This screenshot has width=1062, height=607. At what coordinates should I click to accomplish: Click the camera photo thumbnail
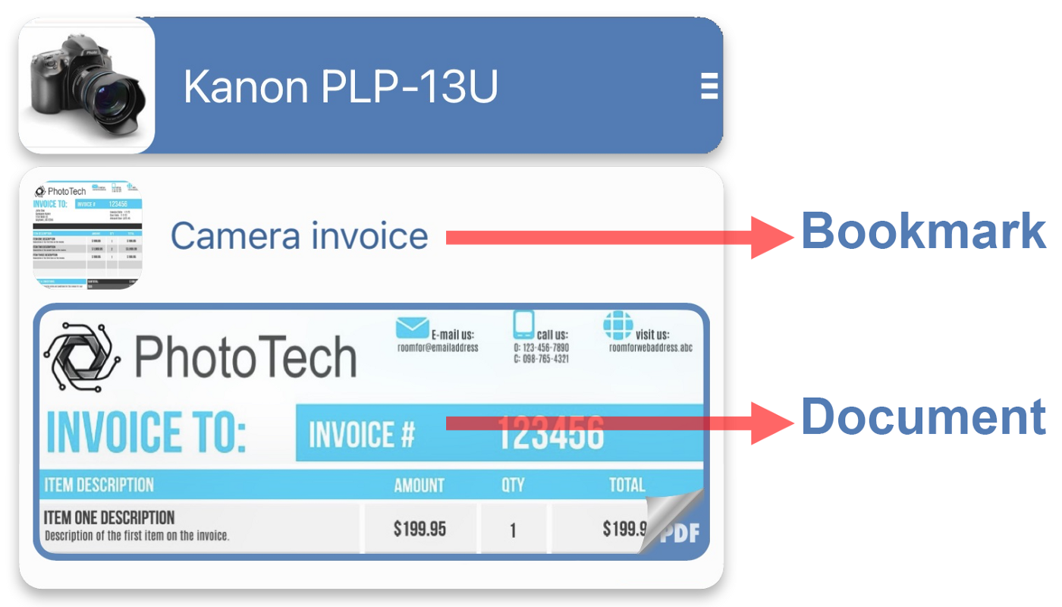(x=86, y=85)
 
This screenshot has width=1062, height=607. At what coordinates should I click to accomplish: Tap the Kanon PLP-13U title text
(x=341, y=86)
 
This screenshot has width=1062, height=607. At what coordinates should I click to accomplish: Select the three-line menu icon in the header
(x=709, y=86)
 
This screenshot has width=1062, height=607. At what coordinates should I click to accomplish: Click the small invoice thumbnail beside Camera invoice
(x=88, y=235)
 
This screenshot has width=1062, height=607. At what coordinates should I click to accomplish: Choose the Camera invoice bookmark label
(x=299, y=236)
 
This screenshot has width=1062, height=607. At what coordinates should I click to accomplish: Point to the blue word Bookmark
(x=923, y=231)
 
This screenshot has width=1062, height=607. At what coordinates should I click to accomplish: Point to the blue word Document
(x=923, y=417)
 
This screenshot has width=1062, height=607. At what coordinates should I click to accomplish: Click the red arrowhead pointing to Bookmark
(x=770, y=237)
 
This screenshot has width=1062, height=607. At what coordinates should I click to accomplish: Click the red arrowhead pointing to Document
(x=770, y=423)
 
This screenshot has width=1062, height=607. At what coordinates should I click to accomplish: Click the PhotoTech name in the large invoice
(x=245, y=357)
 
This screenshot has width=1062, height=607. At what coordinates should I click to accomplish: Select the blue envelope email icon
(x=412, y=327)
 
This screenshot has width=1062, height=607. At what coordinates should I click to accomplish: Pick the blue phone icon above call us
(x=523, y=324)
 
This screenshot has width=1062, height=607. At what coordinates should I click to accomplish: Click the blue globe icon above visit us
(x=617, y=325)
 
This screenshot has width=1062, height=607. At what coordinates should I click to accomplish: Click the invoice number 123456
(x=550, y=433)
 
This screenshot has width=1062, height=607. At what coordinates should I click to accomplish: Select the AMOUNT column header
(x=419, y=486)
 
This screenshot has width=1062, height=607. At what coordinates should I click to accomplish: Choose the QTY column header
(x=513, y=486)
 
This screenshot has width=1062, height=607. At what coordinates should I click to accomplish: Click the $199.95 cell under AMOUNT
(x=419, y=529)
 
